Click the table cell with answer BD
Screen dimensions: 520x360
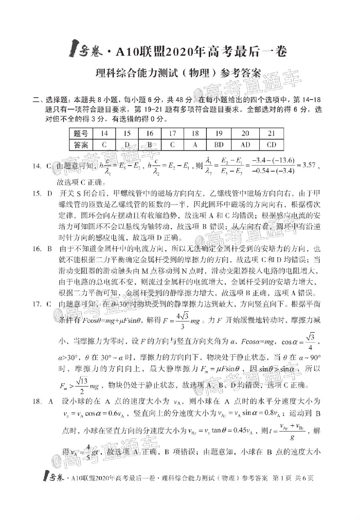point(219,145)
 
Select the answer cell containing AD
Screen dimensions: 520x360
point(245,145)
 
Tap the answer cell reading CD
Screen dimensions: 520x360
point(271,145)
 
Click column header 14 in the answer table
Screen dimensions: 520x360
point(104,134)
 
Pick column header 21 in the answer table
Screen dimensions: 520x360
point(271,134)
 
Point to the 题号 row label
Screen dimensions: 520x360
point(81,134)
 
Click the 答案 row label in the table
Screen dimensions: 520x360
point(81,145)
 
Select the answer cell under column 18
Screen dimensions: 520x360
point(195,145)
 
